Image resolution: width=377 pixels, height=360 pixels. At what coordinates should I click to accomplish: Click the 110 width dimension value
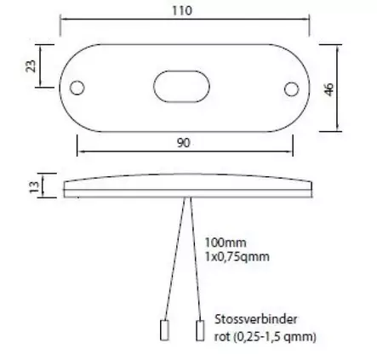click(x=183, y=11)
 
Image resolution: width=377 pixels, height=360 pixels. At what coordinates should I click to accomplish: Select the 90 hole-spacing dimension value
click(x=183, y=144)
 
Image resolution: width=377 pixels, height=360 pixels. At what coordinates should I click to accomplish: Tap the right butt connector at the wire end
click(x=201, y=330)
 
